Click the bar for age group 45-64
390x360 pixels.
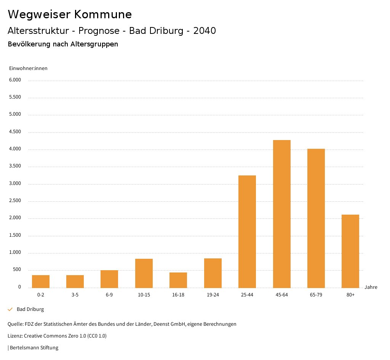pos(281,214)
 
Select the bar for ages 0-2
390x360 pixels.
pos(41,282)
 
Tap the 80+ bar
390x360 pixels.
pos(350,251)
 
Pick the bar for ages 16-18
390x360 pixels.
pos(178,280)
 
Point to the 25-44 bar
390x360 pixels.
pos(247,231)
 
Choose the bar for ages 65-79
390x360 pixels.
pos(316,218)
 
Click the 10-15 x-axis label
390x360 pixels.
pos(144,295)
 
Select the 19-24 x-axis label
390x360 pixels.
pos(213,295)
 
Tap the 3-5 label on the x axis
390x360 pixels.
pos(75,295)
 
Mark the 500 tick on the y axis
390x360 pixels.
pos(17,270)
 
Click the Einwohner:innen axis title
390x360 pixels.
pos(28,68)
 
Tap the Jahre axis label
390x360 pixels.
pos(371,287)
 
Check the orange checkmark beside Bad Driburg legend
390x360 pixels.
pos(10,309)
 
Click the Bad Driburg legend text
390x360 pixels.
pos(30,309)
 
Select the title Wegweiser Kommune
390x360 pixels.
pos(70,14)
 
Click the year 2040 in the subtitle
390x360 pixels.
pos(205,31)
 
